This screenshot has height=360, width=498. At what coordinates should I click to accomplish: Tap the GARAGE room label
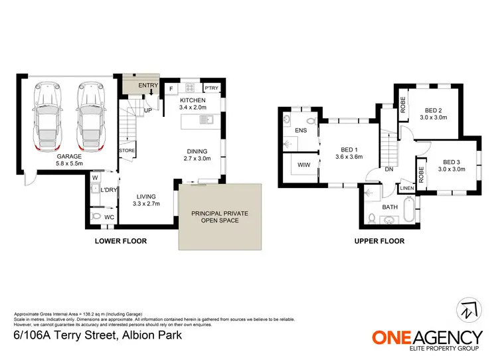68,156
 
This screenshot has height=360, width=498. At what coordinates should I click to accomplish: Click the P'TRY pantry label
211,88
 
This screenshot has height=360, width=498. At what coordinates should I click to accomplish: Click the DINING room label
197,151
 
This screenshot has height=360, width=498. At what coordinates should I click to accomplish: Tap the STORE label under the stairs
127,151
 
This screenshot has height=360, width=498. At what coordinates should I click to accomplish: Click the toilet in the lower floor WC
96,217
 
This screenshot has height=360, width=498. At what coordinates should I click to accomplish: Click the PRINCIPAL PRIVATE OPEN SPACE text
220,217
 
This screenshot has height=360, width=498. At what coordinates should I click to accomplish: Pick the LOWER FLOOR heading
121,241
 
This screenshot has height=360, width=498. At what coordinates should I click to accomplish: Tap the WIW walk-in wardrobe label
304,164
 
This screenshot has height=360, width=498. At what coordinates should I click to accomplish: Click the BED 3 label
452,162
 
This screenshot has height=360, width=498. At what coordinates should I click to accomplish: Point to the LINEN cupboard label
407,189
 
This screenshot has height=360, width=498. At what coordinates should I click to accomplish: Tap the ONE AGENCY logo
426,339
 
